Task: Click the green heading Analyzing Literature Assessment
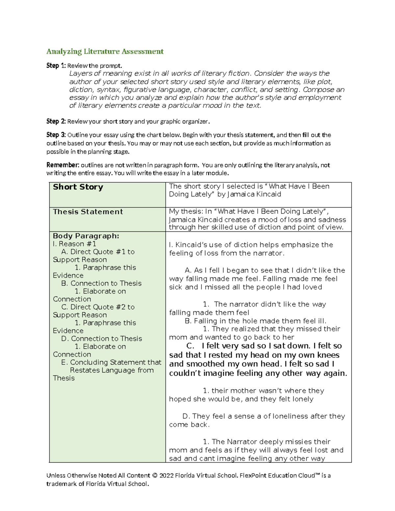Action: [x=105, y=52]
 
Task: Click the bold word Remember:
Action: [x=63, y=165]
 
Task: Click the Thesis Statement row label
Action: [x=88, y=212]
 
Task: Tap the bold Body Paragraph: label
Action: [x=86, y=236]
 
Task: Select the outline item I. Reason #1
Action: [x=74, y=244]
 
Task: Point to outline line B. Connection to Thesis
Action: [x=101, y=283]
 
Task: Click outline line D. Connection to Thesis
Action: [x=101, y=339]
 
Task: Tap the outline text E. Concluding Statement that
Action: [x=111, y=362]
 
